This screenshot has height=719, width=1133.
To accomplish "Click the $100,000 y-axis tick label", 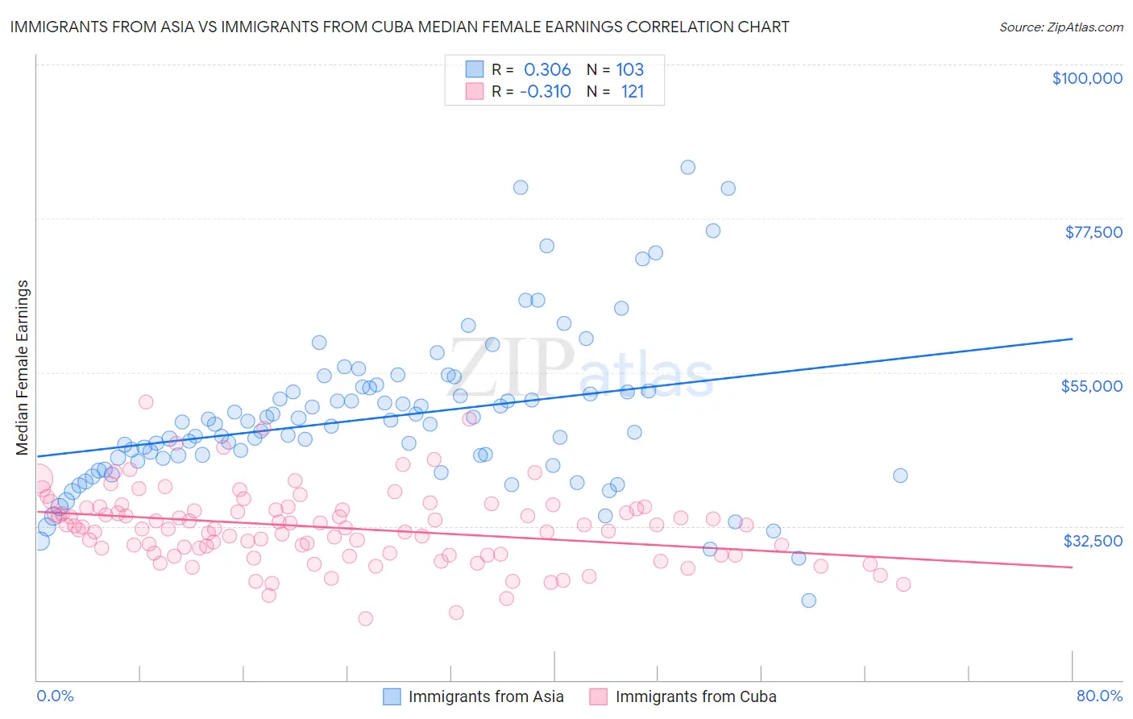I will coord(1086,78).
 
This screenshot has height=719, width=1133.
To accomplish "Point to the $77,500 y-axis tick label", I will coord(1093,232).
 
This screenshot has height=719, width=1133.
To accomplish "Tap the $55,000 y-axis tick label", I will coord(1091,386).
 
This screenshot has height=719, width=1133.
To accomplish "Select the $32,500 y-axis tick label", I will coord(1093,540).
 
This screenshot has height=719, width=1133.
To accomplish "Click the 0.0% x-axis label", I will coord(55,696).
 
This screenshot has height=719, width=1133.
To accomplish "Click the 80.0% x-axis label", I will coord(1099,696).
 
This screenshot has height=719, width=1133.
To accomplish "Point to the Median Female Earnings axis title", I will coord(23,368).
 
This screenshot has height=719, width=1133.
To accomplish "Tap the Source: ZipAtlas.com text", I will coord(1060,27).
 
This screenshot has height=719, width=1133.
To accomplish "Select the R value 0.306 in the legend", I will coord(547,69).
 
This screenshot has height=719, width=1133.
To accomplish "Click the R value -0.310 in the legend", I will coord(545,92).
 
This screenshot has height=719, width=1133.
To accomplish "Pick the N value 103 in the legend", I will coord(629,69).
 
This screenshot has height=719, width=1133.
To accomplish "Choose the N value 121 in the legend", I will coord(632,92).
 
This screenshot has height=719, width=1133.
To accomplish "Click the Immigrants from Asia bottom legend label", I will coord(485,696).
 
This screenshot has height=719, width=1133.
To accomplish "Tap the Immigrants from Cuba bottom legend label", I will coord(695,696).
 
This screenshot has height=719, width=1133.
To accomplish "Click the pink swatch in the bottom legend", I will coord(598,696).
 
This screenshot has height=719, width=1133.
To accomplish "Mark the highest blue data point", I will coord(687,168).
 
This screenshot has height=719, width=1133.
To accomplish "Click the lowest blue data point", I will coord(808,601).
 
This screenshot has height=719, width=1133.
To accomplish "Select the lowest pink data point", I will coord(365,618).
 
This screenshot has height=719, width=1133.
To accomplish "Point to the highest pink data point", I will coord(146,401).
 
